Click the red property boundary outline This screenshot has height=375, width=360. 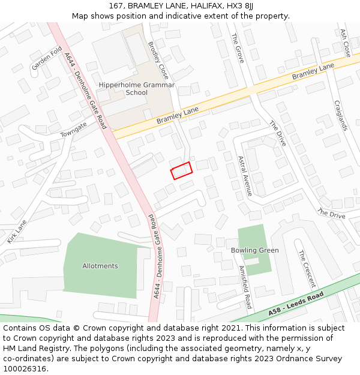click(x=181, y=170)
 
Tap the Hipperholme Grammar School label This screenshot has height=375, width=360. click(x=137, y=89)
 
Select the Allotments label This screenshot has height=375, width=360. click(x=100, y=266)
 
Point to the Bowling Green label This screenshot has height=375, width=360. click(x=255, y=250)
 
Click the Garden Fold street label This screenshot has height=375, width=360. click(x=47, y=58)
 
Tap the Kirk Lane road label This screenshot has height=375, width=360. click(x=17, y=231)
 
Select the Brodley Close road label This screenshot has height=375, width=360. click(x=158, y=61)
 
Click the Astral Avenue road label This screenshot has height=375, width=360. click(x=245, y=176)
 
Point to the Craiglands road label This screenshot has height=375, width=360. click(x=340, y=115)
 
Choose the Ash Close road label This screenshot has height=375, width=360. click(x=345, y=43)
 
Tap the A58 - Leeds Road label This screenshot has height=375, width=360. click(x=296, y=304)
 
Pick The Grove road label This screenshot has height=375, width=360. click(x=238, y=47)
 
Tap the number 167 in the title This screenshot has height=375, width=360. click(x=116, y=5)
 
